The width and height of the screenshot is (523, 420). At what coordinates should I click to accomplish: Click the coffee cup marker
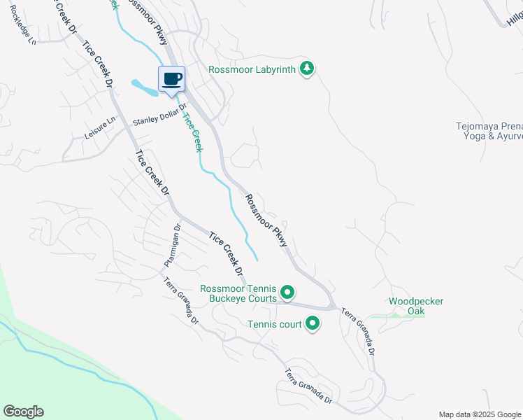(172, 79)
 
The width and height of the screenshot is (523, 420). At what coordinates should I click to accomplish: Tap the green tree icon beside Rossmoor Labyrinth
(306, 69)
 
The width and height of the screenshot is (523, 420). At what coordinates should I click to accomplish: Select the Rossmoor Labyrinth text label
(252, 69)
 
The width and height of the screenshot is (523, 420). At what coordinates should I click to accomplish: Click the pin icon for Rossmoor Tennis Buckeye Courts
(287, 292)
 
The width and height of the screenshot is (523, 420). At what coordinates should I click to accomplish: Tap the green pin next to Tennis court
(312, 324)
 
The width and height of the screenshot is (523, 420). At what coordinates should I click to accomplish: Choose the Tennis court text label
(274, 324)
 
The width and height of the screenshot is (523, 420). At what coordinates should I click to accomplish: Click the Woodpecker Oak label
(416, 306)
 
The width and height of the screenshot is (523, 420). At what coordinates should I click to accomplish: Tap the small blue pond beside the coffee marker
(145, 87)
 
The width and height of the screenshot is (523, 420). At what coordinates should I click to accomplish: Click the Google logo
(23, 412)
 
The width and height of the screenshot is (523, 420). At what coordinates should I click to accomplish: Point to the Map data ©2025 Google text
(480, 414)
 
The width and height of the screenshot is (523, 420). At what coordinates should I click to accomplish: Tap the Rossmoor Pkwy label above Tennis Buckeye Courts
(266, 220)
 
